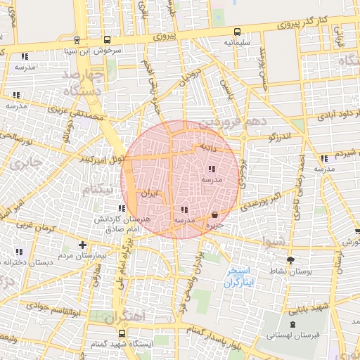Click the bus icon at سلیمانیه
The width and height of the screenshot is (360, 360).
coord(237,32)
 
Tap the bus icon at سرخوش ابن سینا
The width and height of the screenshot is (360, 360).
coord(107,40)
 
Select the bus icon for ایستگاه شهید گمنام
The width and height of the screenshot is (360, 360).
coord(122,333)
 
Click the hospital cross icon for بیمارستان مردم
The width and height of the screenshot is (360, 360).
coord(83,245)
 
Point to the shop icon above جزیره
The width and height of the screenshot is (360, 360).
coord(214,214)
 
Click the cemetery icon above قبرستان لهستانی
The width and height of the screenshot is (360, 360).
coord(292,324)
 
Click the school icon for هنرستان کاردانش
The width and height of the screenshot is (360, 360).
coord(122,208)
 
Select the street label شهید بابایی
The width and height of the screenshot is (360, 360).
coord(309,308)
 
